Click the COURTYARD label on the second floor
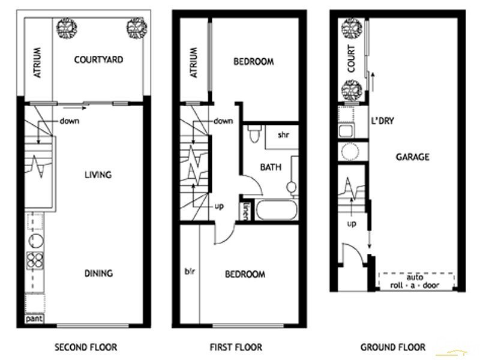click(x=98, y=59)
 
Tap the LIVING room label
click(x=98, y=175)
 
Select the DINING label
click(x=98, y=274)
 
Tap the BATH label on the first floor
click(x=271, y=168)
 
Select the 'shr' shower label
click(x=284, y=135)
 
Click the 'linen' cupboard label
click(x=246, y=211)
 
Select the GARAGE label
click(x=412, y=157)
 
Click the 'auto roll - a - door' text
click(x=415, y=281)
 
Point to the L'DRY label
click(x=382, y=121)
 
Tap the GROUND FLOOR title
click(x=393, y=347)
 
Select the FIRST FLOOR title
click(x=236, y=347)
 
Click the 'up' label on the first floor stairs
click(x=219, y=206)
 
